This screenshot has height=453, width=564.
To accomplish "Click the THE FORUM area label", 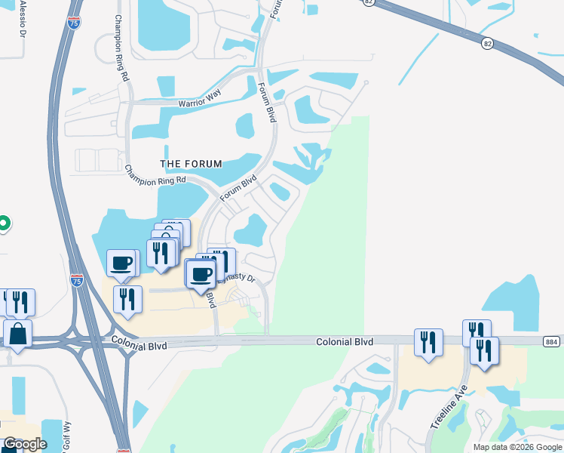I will click(x=192, y=164).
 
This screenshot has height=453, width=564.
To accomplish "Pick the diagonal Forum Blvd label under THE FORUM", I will click(x=239, y=188).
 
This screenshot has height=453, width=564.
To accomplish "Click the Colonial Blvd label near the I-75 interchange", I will click(x=138, y=341).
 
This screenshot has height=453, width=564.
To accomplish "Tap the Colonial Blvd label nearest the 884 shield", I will click(x=344, y=342).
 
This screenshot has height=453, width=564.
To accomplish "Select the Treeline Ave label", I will click(x=449, y=408).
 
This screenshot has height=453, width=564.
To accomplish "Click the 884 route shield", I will click(x=553, y=342).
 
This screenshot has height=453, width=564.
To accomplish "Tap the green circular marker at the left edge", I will click(x=3, y=223).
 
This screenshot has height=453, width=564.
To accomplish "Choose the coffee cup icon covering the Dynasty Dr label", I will click(x=201, y=274).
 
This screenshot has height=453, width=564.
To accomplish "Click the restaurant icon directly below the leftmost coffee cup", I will click(x=127, y=299).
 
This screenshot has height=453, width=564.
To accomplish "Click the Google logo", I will click(x=25, y=444).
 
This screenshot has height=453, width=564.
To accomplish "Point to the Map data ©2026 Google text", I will click(x=516, y=447).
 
